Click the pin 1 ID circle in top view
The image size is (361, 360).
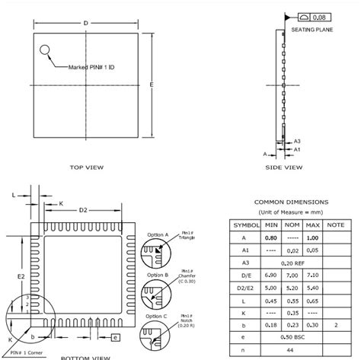coord(45,52)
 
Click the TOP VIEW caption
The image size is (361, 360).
coord(86,167)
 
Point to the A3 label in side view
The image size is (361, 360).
coord(298,141)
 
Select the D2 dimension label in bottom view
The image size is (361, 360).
coord(84,210)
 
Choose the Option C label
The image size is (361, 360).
coord(157,316)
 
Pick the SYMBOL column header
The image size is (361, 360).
coord(245,226)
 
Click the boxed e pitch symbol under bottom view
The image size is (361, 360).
coord(114,336)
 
